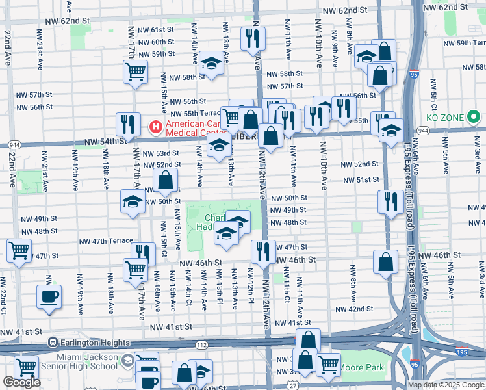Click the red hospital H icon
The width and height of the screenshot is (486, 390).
click(156, 125)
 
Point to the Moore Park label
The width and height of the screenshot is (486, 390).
click(363, 368)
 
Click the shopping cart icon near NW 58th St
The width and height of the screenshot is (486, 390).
click(136, 72)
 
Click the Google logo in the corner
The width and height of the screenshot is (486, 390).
click(21, 382)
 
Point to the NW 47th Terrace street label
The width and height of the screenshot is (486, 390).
click(106, 241)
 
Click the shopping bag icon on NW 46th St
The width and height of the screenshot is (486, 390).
click(386, 262)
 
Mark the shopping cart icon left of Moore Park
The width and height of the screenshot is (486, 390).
click(328, 364)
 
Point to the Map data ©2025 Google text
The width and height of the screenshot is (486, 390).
click(446, 385)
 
